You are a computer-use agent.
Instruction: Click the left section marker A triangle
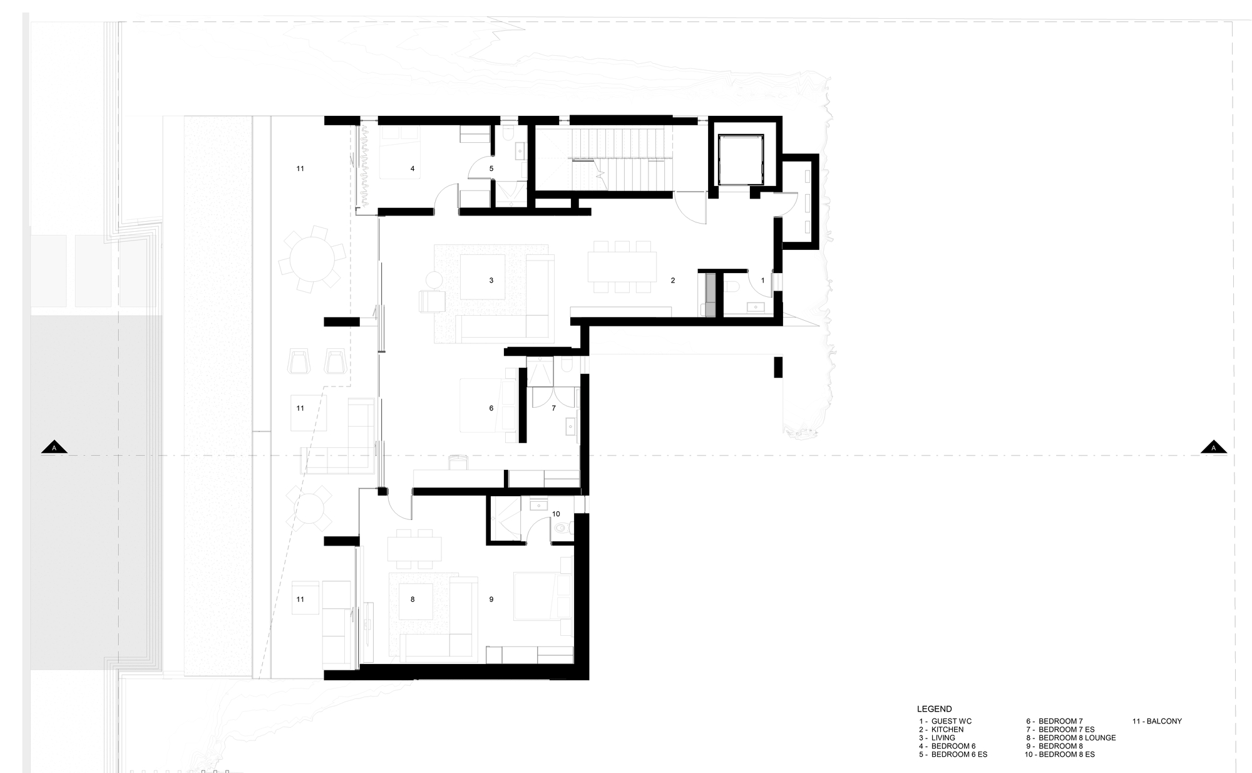click(54, 447)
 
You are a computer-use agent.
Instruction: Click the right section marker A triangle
click(1213, 447)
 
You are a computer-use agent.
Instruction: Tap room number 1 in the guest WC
click(762, 281)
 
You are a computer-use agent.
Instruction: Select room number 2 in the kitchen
click(673, 281)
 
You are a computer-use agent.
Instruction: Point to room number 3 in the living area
click(491, 281)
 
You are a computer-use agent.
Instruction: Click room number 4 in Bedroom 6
click(413, 169)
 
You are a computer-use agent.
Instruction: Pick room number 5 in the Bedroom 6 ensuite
click(491, 169)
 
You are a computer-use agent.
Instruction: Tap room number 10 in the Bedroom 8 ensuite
click(557, 514)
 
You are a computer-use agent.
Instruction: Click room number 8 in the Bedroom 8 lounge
click(413, 599)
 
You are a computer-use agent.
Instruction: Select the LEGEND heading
click(934, 709)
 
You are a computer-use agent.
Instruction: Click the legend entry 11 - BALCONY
click(1157, 721)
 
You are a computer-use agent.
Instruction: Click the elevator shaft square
click(741, 160)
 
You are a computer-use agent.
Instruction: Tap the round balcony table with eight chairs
click(312, 259)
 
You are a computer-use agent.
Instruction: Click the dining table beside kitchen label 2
click(622, 267)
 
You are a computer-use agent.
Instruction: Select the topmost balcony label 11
click(300, 169)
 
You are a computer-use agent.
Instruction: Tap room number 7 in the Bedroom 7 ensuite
click(553, 408)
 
